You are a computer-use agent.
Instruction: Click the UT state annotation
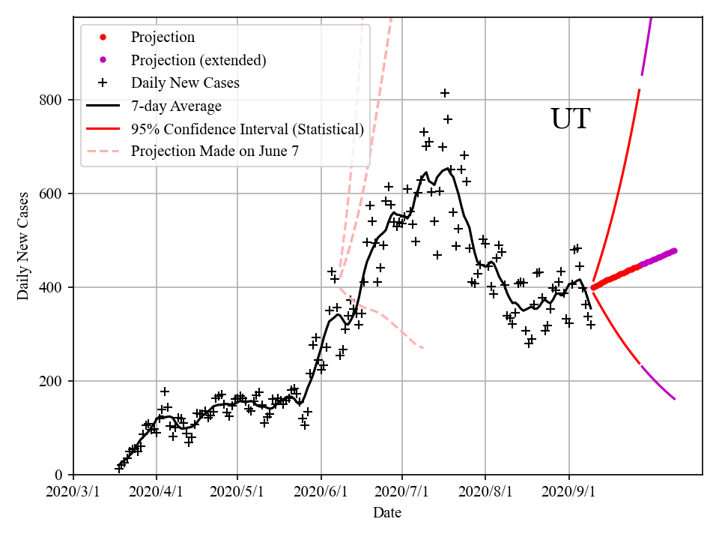(570, 119)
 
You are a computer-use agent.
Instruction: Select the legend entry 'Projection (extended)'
(198, 60)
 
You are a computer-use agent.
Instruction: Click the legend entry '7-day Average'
(176, 106)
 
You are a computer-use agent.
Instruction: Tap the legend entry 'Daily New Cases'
(185, 82)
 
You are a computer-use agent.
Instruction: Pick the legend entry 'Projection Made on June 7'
(215, 151)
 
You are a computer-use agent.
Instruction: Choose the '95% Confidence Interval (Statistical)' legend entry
(247, 129)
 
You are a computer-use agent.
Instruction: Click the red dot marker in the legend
(103, 37)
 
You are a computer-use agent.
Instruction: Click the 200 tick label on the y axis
(54, 382)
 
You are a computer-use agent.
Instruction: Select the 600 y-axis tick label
(54, 194)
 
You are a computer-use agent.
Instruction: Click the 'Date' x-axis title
(387, 514)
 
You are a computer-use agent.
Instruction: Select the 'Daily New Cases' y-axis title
(23, 246)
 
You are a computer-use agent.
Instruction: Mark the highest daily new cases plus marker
(445, 93)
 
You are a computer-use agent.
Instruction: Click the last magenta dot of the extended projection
(675, 250)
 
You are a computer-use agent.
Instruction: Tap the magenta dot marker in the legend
(103, 60)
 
